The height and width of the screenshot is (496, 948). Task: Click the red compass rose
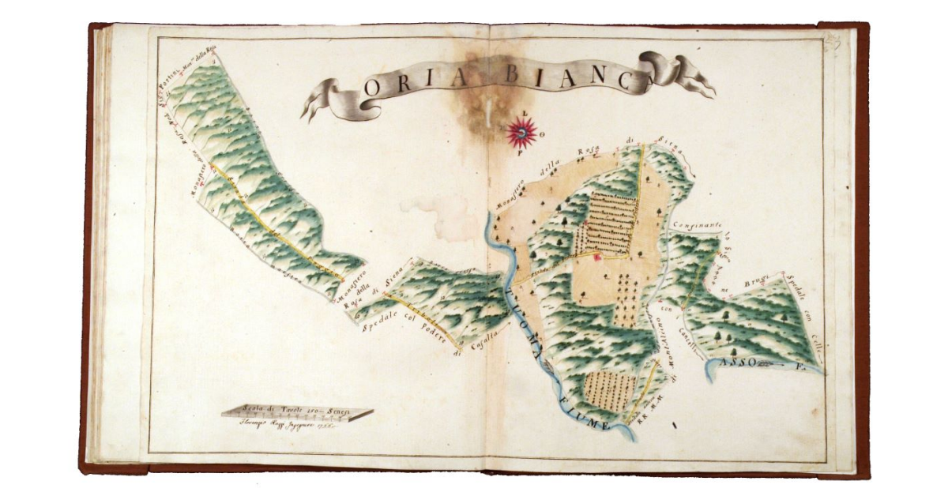pos(522,133)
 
